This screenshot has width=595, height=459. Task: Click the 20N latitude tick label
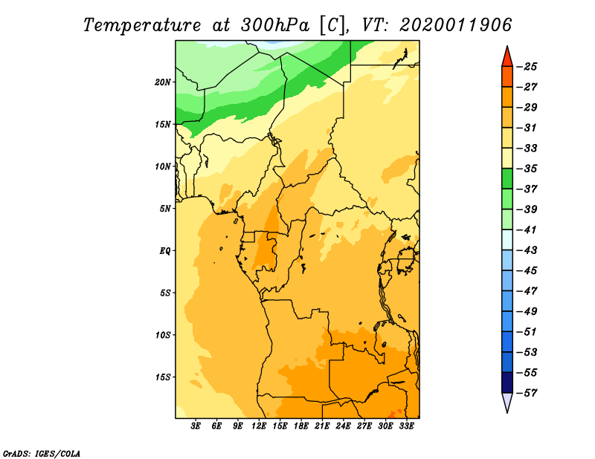[x=163, y=82]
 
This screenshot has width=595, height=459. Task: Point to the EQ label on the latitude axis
[x=164, y=251]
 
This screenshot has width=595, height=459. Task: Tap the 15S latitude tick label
[x=163, y=377]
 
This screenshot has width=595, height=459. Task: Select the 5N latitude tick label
[x=165, y=209]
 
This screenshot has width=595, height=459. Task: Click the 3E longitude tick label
[x=196, y=426]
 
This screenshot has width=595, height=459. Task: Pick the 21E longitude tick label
[x=322, y=426]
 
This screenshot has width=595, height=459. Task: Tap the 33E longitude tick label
[x=406, y=426]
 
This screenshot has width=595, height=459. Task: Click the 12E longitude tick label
[x=259, y=426]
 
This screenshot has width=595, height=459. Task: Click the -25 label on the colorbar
[x=527, y=67]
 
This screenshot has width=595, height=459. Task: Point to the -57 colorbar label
[x=527, y=393]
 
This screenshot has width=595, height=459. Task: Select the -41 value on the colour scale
[x=527, y=229]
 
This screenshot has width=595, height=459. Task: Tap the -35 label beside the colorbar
[x=527, y=169]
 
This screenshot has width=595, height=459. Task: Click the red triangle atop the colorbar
[x=507, y=58]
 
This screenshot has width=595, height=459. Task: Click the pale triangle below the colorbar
[x=507, y=401]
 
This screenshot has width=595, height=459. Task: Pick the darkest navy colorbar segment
[x=507, y=382]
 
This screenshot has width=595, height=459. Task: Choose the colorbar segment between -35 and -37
[x=507, y=179]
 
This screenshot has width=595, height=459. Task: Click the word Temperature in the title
[x=142, y=25]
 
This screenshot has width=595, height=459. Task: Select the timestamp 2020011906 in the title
[x=456, y=25]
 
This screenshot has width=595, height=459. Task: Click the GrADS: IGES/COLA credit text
[x=42, y=454]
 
